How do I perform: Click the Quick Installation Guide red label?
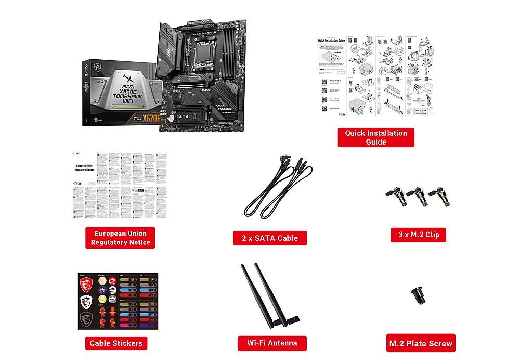[376, 137]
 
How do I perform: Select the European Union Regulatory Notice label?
[120, 238]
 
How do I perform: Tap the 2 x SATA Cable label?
[269, 238]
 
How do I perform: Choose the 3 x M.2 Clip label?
[419, 235]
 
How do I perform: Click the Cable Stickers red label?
[115, 343]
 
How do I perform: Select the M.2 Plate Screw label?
[421, 343]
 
